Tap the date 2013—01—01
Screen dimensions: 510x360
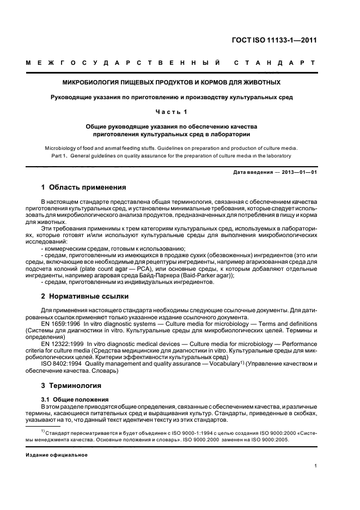pos(299,172)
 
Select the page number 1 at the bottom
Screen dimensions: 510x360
pos(316,466)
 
